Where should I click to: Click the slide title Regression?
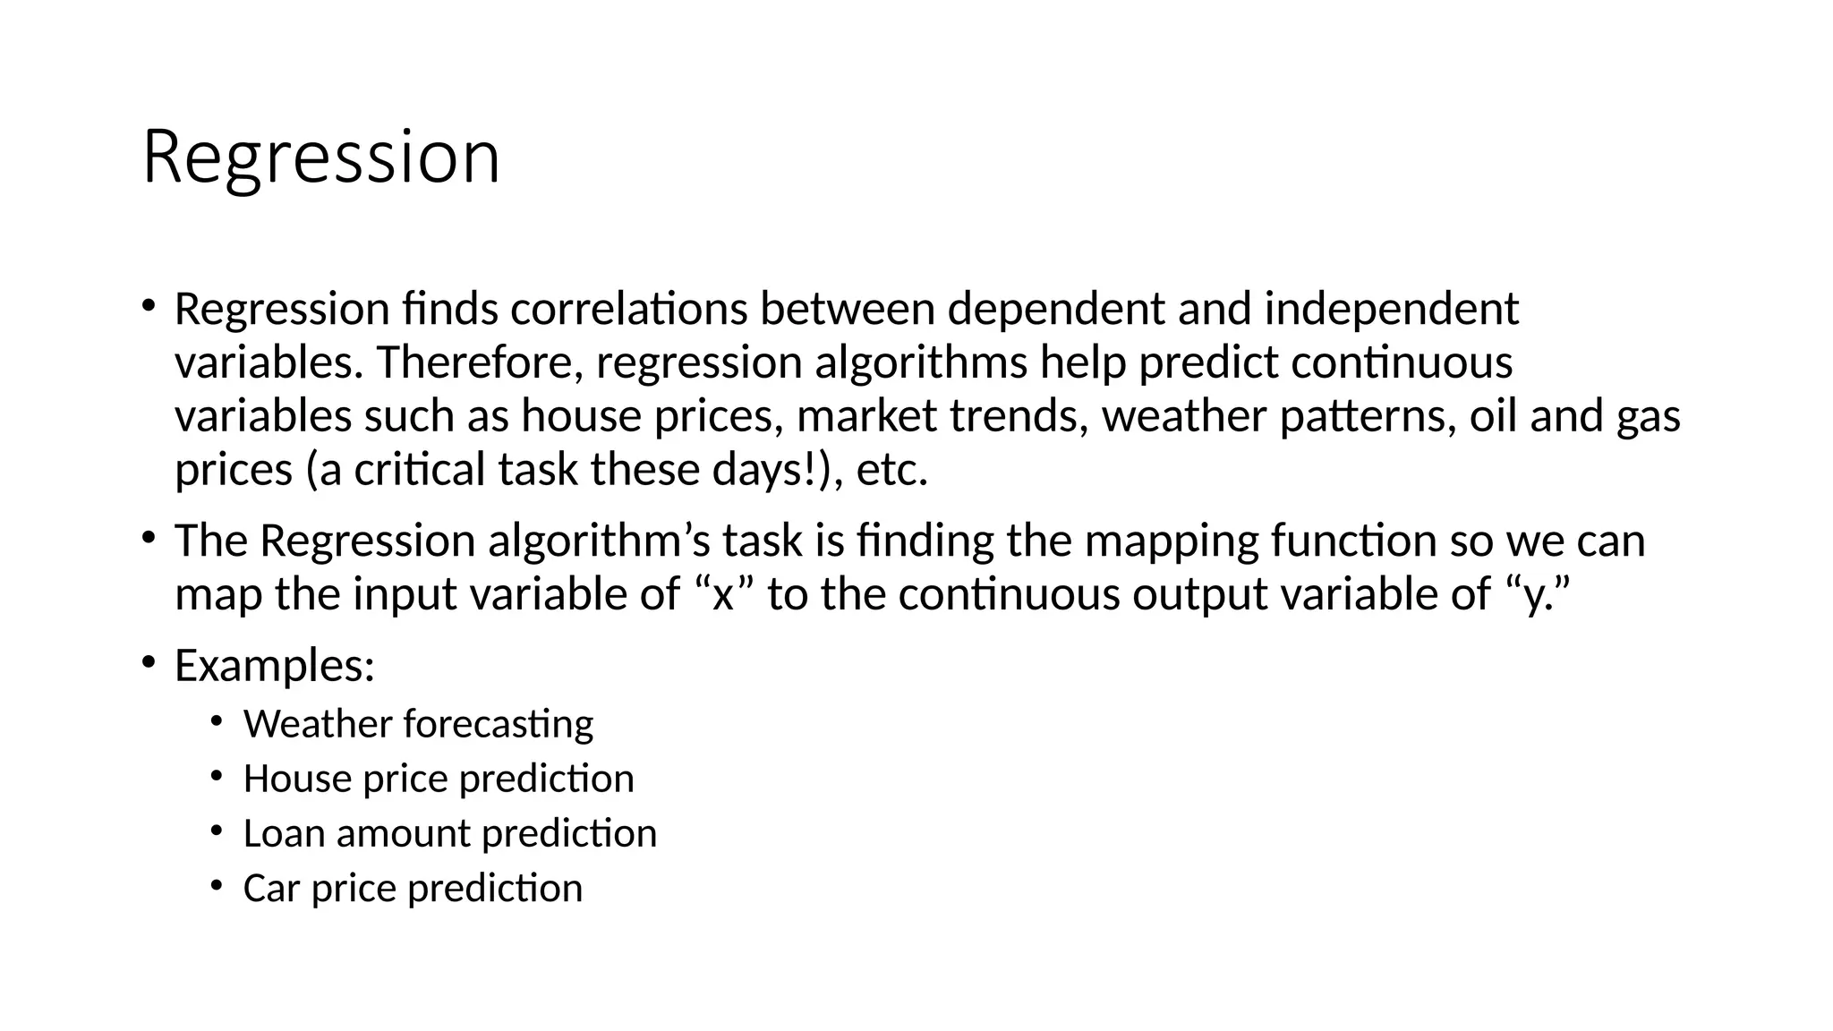coord(320,158)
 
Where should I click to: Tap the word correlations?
coord(628,310)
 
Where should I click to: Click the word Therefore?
coord(480,363)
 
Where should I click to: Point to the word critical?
coord(420,471)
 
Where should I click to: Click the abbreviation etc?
coord(891,471)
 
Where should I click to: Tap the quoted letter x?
coord(722,595)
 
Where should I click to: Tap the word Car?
coord(270,889)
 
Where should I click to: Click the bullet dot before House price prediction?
coord(216,776)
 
